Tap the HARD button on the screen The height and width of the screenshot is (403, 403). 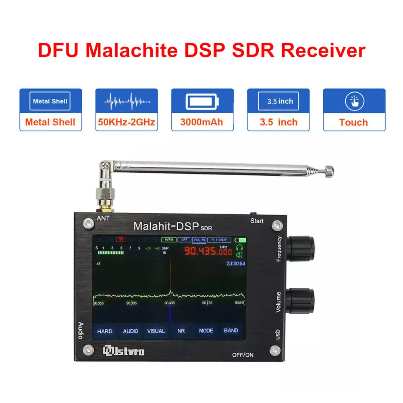tap(105, 331)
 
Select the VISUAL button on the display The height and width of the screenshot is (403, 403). tap(156, 331)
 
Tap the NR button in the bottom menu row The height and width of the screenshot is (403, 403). tap(181, 331)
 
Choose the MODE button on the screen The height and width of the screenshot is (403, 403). tap(206, 331)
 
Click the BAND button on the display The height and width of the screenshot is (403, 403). tap(231, 331)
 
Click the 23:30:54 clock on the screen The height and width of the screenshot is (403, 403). tap(236, 264)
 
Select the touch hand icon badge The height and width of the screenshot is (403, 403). tap(354, 102)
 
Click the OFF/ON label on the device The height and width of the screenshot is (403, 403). tap(243, 355)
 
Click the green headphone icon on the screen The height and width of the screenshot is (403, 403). tap(240, 247)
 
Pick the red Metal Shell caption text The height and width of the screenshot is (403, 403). tap(50, 122)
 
